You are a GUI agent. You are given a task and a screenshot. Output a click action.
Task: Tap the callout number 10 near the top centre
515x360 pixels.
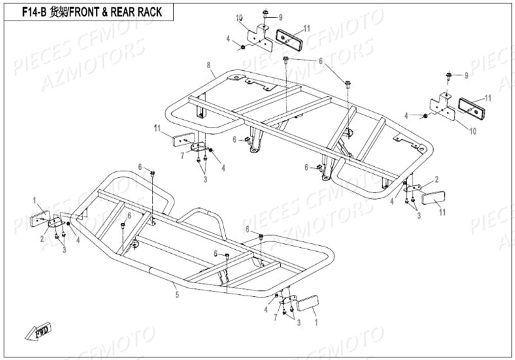coord(239,16)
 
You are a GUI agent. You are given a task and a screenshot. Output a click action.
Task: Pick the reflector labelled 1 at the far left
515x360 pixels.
coord(43,219)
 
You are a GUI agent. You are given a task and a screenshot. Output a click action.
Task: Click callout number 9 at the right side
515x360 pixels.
coord(468,76)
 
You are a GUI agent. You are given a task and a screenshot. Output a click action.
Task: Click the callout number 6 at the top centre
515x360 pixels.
coord(318,61)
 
